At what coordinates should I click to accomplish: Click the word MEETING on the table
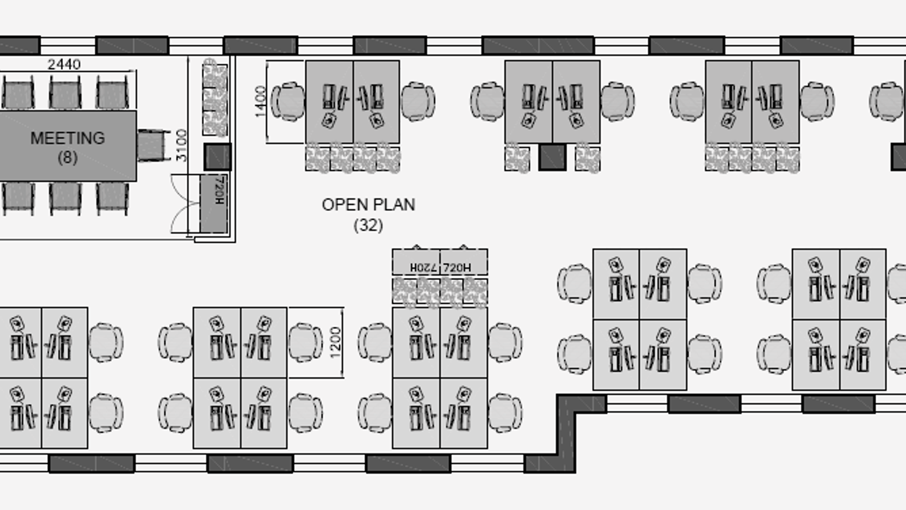[67, 138]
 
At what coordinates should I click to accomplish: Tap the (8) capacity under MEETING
[67, 158]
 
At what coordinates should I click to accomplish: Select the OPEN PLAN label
[368, 205]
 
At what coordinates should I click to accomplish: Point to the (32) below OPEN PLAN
[368, 225]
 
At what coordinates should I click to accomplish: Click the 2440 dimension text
[64, 64]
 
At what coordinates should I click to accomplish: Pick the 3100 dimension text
[182, 145]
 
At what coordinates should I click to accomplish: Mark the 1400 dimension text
[261, 102]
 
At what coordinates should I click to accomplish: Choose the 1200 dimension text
[335, 342]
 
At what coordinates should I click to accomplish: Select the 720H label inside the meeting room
[219, 190]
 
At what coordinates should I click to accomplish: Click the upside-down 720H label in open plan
[423, 268]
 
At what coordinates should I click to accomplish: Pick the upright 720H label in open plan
[457, 268]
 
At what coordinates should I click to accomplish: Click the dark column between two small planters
[552, 158]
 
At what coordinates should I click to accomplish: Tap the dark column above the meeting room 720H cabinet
[218, 157]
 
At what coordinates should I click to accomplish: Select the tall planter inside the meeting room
[215, 97]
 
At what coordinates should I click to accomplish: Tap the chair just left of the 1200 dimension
[305, 342]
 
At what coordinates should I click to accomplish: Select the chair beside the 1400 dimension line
[287, 101]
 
